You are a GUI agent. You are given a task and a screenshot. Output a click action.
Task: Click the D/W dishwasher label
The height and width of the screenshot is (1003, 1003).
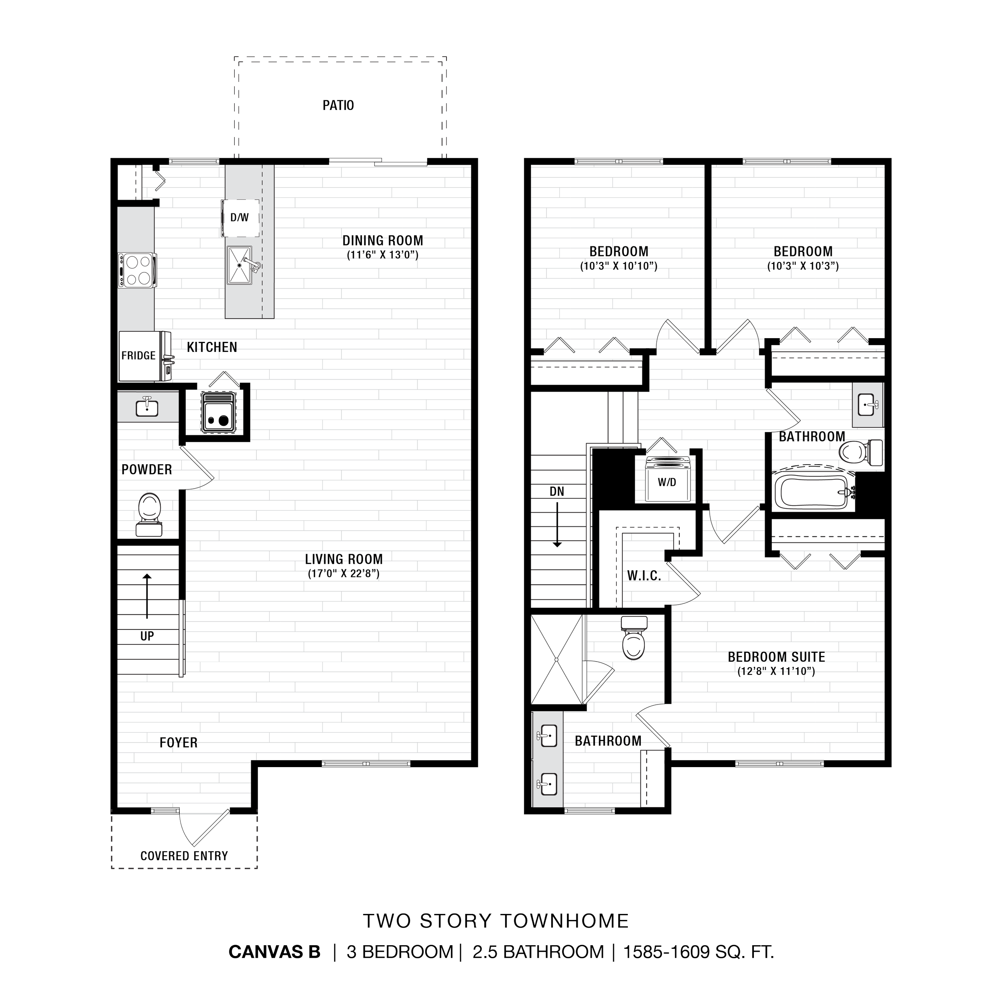(240, 217)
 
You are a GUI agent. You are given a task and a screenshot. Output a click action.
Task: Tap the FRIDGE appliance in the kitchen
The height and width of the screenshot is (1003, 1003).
(138, 355)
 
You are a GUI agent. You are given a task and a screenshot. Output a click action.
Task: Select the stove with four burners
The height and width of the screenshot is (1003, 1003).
(136, 270)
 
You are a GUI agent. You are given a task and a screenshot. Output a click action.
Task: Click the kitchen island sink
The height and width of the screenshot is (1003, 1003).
(240, 265)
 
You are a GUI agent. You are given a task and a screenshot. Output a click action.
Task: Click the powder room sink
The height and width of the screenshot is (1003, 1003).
(147, 406)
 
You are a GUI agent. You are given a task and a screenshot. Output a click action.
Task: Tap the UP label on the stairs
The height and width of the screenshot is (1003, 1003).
(147, 636)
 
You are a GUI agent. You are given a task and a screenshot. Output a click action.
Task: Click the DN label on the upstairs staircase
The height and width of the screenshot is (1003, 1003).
(556, 491)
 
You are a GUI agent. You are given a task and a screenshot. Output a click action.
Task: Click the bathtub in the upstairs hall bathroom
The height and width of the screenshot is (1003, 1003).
(812, 491)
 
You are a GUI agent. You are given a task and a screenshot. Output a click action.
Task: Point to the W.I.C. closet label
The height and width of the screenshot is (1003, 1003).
(644, 576)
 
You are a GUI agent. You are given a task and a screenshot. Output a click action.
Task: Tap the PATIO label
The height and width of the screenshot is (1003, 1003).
(339, 106)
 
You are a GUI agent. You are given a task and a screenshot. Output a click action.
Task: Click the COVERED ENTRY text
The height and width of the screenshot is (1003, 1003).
(184, 856)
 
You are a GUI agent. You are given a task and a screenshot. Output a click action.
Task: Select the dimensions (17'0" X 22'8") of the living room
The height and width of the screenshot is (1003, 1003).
(344, 574)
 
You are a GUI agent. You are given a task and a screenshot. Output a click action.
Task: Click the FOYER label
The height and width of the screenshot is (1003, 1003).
(178, 742)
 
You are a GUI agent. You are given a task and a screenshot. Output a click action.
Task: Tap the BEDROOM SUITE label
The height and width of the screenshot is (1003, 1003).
(776, 657)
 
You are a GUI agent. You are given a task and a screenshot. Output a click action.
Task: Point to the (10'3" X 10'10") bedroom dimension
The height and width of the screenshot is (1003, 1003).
(618, 266)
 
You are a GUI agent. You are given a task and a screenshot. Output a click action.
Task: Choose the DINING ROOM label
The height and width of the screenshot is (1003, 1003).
(383, 240)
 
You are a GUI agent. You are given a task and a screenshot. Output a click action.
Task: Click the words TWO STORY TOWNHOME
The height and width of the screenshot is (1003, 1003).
(496, 921)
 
